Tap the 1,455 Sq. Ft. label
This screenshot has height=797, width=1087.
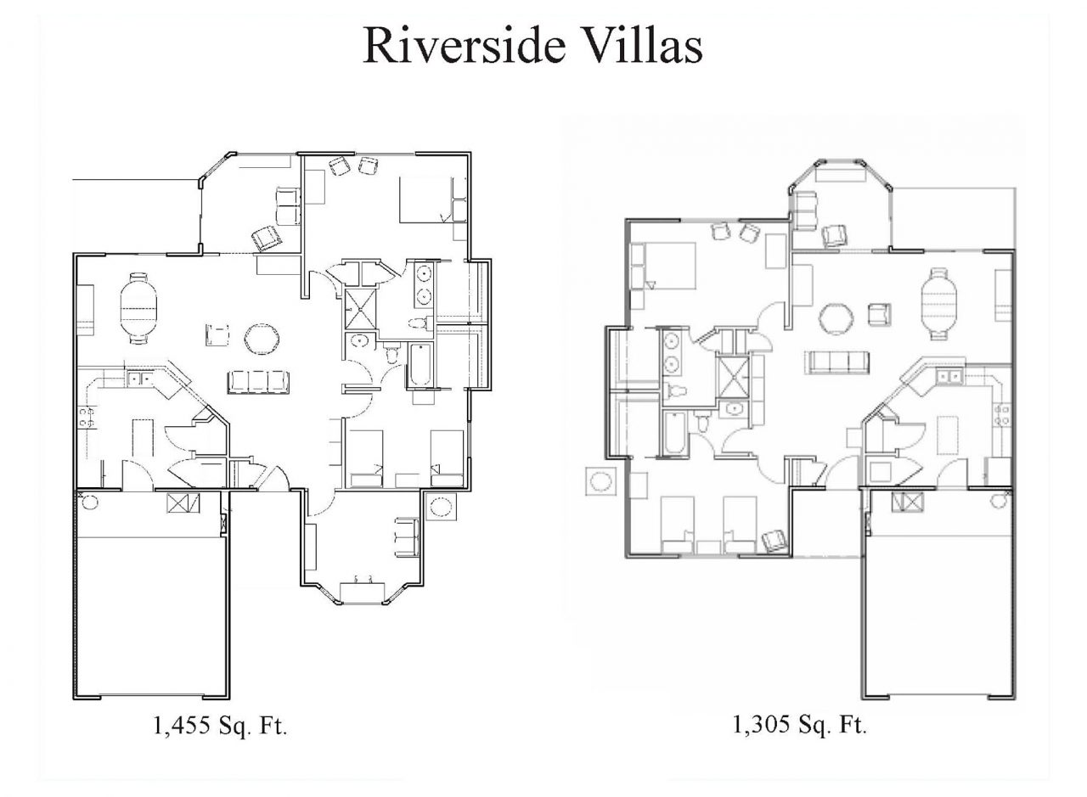tap(220, 727)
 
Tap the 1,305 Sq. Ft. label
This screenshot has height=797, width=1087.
tap(798, 725)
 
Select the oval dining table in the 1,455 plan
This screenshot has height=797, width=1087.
tap(138, 307)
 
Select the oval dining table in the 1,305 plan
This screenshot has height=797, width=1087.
tap(938, 304)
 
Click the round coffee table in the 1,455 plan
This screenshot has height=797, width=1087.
tap(261, 338)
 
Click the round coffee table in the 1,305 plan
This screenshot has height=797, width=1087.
tap(836, 319)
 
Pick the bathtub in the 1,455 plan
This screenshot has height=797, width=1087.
tap(420, 366)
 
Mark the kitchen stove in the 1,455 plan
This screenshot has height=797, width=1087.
tap(86, 417)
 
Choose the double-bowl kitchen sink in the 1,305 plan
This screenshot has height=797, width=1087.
tap(949, 376)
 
